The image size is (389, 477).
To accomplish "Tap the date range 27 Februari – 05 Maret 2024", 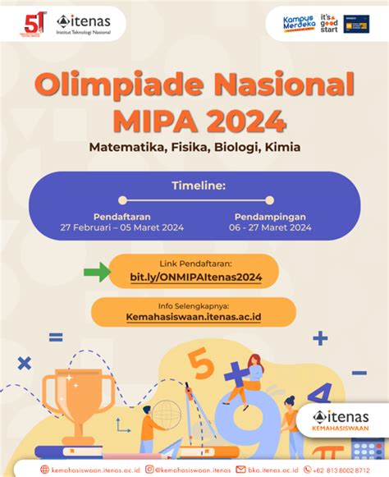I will (121, 227).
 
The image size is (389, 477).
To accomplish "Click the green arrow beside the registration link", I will (97, 271).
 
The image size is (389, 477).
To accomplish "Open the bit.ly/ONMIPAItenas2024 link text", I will (195, 278).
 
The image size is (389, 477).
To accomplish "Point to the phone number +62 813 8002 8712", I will (345, 470).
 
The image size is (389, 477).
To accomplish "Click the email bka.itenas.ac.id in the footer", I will (268, 470).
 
